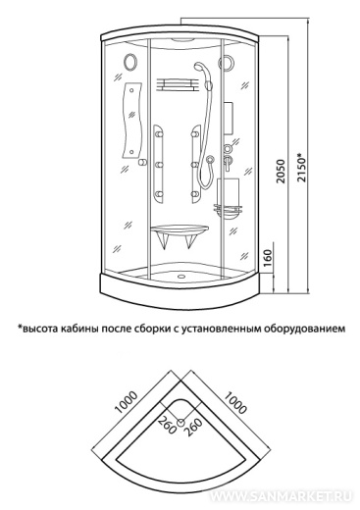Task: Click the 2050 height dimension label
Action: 281,172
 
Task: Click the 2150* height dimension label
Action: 301,167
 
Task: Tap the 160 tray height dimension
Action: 267,258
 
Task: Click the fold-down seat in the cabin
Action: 180,236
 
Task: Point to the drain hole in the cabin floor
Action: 180,276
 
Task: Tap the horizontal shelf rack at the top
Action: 177,84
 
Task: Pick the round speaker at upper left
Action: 129,61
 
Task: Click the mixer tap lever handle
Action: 228,163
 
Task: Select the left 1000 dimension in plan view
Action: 126,402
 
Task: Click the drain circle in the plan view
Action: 180,423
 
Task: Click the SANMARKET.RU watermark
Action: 281,496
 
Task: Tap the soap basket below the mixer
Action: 229,210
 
